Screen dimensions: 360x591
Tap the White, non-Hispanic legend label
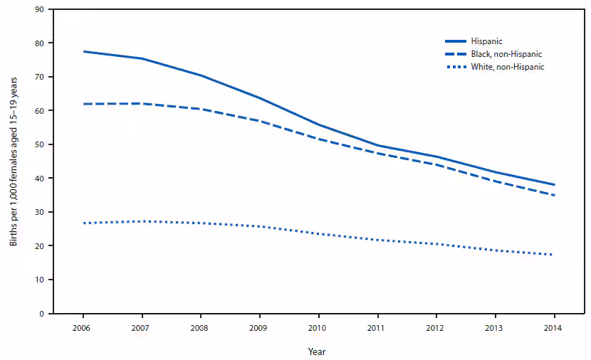[507, 67]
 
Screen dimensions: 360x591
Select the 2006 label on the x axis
[83, 327]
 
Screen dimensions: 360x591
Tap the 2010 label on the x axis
[318, 327]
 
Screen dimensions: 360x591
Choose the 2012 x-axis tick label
[436, 327]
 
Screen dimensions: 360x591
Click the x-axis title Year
[318, 351]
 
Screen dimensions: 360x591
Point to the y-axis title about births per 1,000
[14, 162]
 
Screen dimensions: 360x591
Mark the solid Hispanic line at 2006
[83, 51]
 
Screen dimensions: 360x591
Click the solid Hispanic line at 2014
[553, 184]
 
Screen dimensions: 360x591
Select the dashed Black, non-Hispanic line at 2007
[142, 103]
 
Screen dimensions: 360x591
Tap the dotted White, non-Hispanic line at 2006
[83, 223]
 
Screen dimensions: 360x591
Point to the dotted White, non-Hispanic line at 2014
[553, 255]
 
